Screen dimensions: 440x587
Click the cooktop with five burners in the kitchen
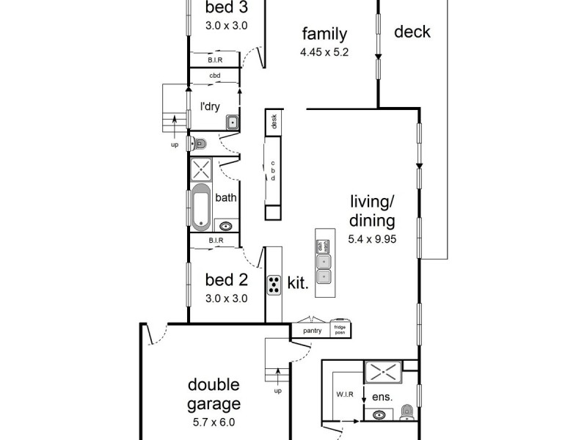tap(274, 284)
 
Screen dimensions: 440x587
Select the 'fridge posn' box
tap(340, 331)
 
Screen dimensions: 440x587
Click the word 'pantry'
tap(313, 331)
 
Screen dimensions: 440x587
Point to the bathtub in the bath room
tap(201, 206)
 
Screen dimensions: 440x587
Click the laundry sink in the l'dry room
tap(231, 122)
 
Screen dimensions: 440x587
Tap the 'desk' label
tap(274, 122)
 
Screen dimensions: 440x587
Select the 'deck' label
tap(412, 32)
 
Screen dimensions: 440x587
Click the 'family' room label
tap(324, 34)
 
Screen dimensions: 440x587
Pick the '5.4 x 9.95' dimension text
tap(372, 238)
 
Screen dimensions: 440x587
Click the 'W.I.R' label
tap(346, 395)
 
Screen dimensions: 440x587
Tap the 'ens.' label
tap(382, 397)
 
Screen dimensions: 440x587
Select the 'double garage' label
tap(214, 395)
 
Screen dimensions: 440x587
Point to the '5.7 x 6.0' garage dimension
tap(214, 422)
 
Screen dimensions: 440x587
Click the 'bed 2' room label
tap(225, 279)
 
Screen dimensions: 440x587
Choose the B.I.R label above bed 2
tap(215, 241)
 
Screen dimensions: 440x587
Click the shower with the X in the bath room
tap(201, 170)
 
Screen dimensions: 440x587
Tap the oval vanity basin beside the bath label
tap(226, 226)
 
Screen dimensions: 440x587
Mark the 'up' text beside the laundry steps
tap(175, 144)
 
